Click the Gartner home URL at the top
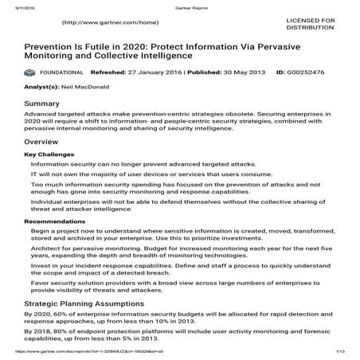104,23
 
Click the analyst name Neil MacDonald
87,89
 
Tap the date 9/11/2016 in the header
15,4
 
